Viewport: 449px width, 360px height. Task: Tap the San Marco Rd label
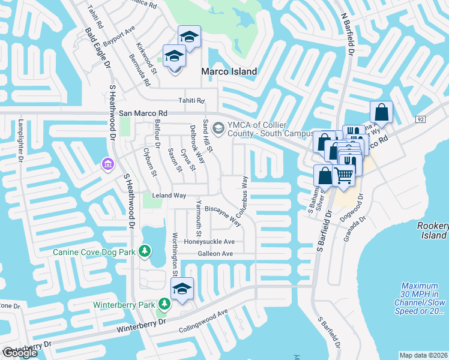pyautogui.click(x=142, y=113)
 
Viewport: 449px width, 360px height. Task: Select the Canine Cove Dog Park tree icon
pyautogui.click(x=144, y=251)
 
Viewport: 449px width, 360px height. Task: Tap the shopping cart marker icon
pyautogui.click(x=343, y=176)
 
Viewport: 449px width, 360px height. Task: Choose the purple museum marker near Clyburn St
pyautogui.click(x=108, y=163)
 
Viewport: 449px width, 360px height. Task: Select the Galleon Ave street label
pyautogui.click(x=215, y=254)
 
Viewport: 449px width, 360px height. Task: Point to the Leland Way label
pyautogui.click(x=169, y=196)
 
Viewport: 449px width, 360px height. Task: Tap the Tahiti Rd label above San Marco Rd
pyautogui.click(x=191, y=101)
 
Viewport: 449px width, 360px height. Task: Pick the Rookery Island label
pyautogui.click(x=432, y=230)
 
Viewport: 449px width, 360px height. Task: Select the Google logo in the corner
pyautogui.click(x=20, y=353)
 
